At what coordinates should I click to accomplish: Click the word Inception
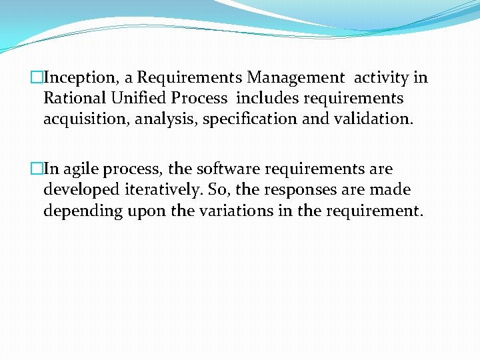click(81, 78)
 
